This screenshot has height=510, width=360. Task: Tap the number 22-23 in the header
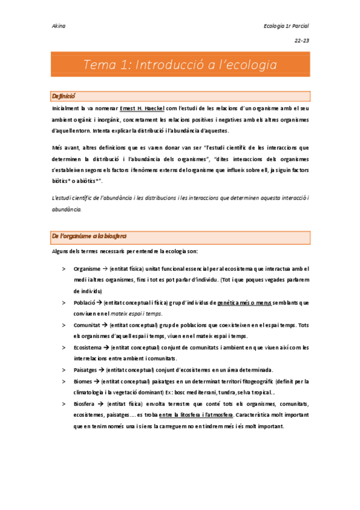301,41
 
